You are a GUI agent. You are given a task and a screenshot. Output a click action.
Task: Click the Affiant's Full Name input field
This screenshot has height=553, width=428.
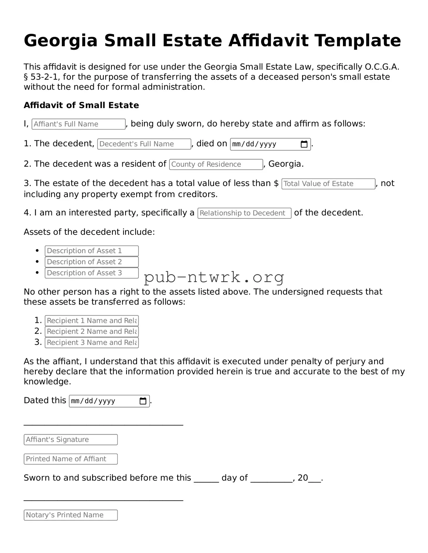click(x=78, y=124)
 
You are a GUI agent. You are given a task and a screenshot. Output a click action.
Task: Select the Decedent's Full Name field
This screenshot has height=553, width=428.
click(x=144, y=144)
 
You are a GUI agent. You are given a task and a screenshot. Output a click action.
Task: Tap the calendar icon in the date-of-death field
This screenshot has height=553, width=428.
click(x=304, y=144)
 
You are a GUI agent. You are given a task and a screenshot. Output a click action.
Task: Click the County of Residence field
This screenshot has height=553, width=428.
click(x=216, y=164)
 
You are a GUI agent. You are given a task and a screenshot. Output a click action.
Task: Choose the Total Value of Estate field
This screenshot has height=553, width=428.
click(x=328, y=184)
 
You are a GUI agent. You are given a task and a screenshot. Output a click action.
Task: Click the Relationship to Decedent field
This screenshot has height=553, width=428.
click(x=244, y=213)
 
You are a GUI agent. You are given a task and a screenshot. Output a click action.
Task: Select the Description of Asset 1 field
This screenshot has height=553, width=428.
click(x=92, y=251)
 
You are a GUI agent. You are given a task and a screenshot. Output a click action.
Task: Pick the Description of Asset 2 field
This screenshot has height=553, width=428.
click(x=92, y=262)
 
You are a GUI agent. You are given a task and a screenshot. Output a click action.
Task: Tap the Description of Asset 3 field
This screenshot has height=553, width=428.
click(x=92, y=273)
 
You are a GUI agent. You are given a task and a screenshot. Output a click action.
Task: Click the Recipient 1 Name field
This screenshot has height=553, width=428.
click(x=92, y=321)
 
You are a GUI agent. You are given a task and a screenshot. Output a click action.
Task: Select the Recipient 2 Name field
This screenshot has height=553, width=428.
click(x=92, y=332)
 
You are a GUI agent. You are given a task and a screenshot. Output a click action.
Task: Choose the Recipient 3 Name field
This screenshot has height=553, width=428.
click(x=92, y=342)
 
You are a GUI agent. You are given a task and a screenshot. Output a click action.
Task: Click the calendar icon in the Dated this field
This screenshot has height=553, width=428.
click(x=143, y=401)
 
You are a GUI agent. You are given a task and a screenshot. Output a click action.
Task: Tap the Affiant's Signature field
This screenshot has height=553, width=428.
click(x=70, y=440)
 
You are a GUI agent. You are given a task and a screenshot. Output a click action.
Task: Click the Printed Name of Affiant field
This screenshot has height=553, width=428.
click(x=70, y=459)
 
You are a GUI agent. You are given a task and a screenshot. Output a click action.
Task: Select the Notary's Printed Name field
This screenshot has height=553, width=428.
click(x=70, y=515)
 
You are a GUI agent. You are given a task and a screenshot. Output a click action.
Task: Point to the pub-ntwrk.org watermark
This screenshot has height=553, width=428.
click(x=214, y=277)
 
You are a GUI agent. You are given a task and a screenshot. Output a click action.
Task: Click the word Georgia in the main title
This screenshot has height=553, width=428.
click(x=61, y=41)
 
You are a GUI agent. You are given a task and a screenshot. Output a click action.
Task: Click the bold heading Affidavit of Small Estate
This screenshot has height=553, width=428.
click(x=81, y=105)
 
